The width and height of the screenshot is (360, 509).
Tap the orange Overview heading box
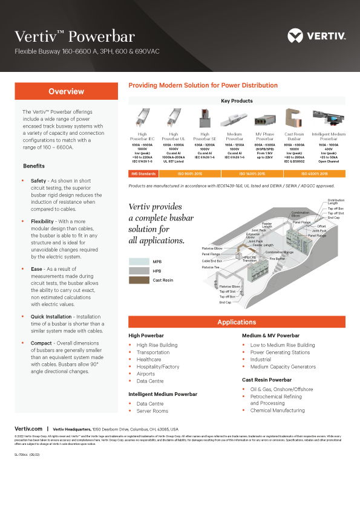point(67,91)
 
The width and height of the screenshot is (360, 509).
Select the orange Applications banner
point(237,322)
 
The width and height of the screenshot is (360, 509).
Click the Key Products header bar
point(237,101)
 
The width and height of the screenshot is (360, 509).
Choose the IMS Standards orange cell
point(143,173)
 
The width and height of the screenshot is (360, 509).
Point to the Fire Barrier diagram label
point(278,259)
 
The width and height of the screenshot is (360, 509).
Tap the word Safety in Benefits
point(38,181)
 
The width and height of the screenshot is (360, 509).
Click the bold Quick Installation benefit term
point(53,317)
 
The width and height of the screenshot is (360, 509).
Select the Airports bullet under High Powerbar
point(145,374)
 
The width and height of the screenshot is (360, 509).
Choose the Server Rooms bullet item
point(152,411)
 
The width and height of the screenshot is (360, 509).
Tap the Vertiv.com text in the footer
point(28,427)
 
